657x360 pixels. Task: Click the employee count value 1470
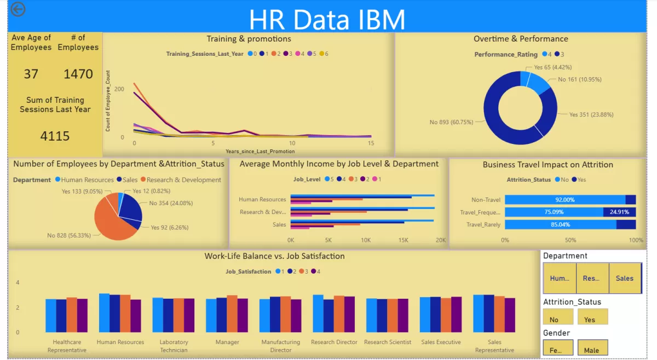point(78,74)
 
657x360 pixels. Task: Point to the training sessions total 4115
point(55,136)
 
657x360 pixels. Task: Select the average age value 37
point(31,74)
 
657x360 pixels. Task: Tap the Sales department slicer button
point(625,278)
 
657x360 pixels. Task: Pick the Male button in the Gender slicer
point(592,349)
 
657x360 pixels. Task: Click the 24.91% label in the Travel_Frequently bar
point(619,212)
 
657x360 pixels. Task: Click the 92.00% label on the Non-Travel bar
point(564,200)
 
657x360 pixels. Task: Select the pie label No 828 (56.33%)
point(69,235)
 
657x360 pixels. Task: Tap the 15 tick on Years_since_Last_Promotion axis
point(371,143)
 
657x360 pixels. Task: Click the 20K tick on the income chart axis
point(440,240)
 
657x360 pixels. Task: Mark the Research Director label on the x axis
point(334,342)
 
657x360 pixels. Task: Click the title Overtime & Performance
point(521,39)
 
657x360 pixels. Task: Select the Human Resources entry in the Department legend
point(87,179)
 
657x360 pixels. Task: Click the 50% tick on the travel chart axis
point(570,240)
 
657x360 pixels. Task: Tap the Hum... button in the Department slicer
point(560,278)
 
